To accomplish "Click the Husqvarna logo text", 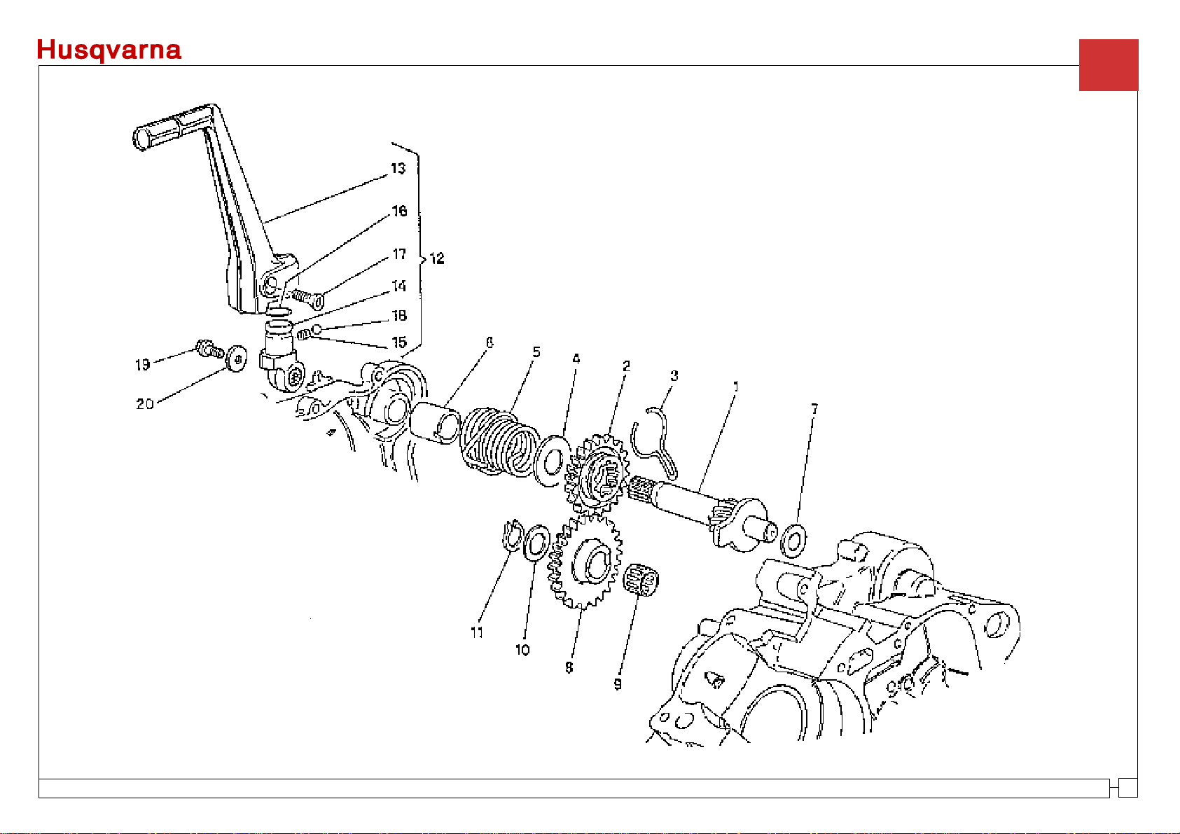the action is pos(109,50).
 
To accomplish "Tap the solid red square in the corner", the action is pos(1109,65).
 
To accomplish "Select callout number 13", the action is pos(398,169).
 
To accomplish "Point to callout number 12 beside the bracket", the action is pos(437,258).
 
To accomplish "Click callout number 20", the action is pos(145,404).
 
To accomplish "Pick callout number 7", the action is pos(814,409).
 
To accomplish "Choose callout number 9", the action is pos(618,684).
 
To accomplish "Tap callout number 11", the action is pos(477,632).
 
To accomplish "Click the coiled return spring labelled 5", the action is pos(499,441).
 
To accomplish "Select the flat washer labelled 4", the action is pos(552,461).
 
